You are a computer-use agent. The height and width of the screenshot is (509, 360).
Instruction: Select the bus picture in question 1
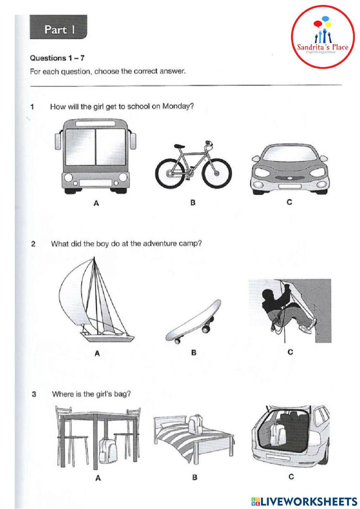pyautogui.click(x=96, y=156)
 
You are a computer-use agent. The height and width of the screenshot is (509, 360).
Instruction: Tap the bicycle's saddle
pyautogui.click(x=179, y=146)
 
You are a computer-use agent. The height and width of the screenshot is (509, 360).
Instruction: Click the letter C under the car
pyautogui.click(x=289, y=202)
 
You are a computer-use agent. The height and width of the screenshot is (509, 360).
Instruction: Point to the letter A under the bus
pyautogui.click(x=96, y=204)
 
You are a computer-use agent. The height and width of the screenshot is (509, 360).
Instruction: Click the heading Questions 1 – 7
pyautogui.click(x=57, y=58)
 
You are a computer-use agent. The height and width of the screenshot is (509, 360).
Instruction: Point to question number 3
pyautogui.click(x=34, y=394)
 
